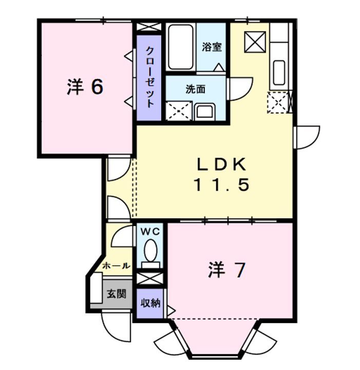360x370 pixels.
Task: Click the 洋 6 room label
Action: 85,87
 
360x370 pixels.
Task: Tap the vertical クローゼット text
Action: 149,77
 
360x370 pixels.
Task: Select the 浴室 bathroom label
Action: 212,47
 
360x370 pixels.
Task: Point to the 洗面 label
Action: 196,89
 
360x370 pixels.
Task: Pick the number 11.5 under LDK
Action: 221,184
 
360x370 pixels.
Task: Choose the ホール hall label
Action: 116,266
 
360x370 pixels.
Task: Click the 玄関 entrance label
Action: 116,294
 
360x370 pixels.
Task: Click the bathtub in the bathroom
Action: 180,48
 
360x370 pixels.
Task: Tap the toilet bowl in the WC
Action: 150,252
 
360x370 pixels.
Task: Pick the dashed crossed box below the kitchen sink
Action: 278,102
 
